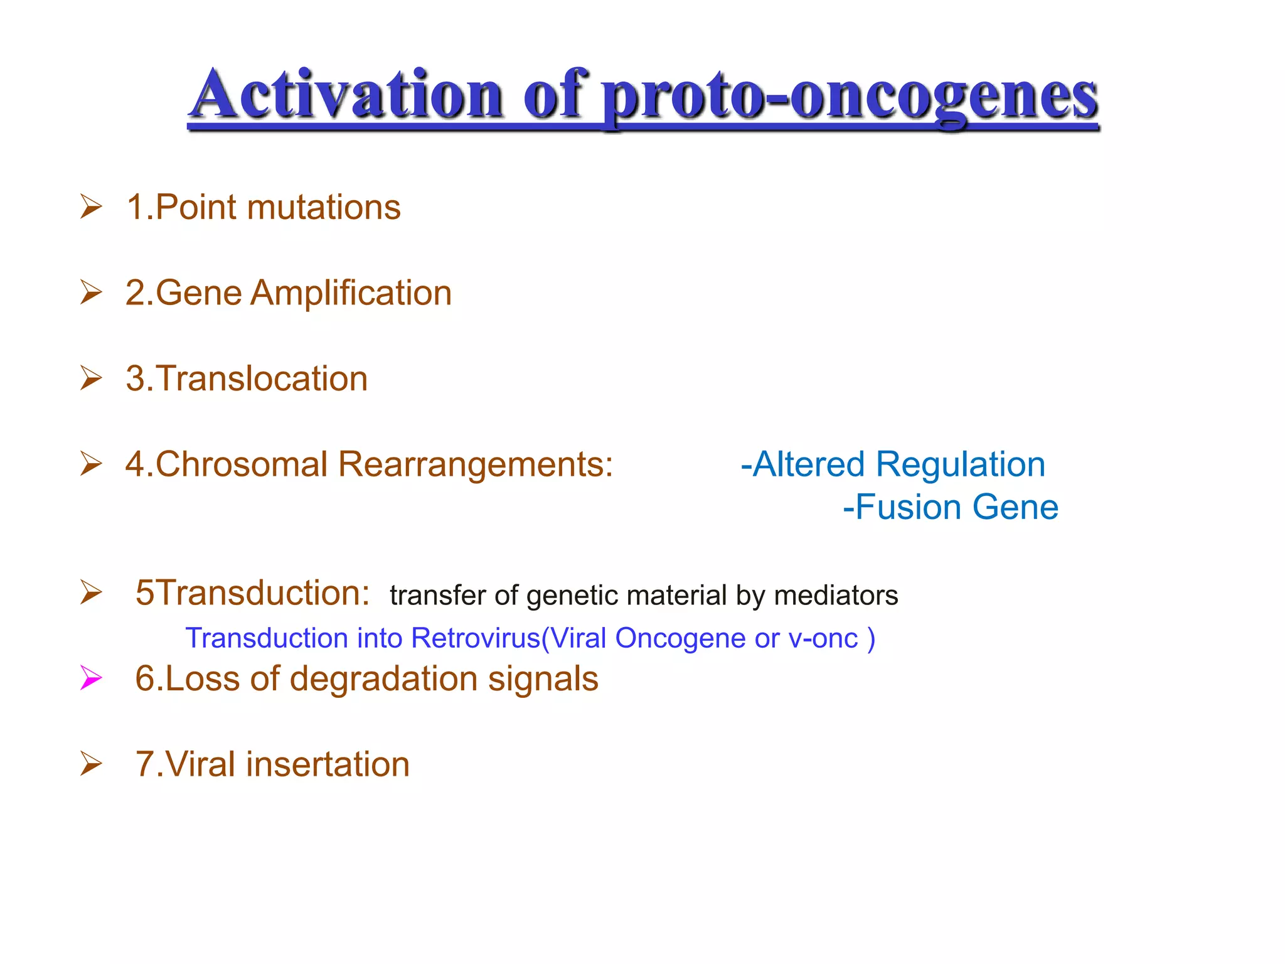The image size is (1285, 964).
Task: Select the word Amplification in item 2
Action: pyautogui.click(x=351, y=293)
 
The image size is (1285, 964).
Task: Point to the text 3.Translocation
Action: pyautogui.click(x=247, y=378)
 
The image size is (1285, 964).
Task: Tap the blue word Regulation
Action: pyautogui.click(x=960, y=464)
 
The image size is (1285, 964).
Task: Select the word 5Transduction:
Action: pyautogui.click(x=253, y=593)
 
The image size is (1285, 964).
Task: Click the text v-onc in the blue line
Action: pyautogui.click(x=823, y=639)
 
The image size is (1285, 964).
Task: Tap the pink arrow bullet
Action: pyautogui.click(x=91, y=678)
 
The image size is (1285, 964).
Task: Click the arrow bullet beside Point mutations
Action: pyautogui.click(x=91, y=207)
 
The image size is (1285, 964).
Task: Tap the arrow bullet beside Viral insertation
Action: pyautogui.click(x=91, y=764)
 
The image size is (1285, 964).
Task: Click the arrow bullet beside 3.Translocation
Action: pyautogui.click(x=91, y=378)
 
